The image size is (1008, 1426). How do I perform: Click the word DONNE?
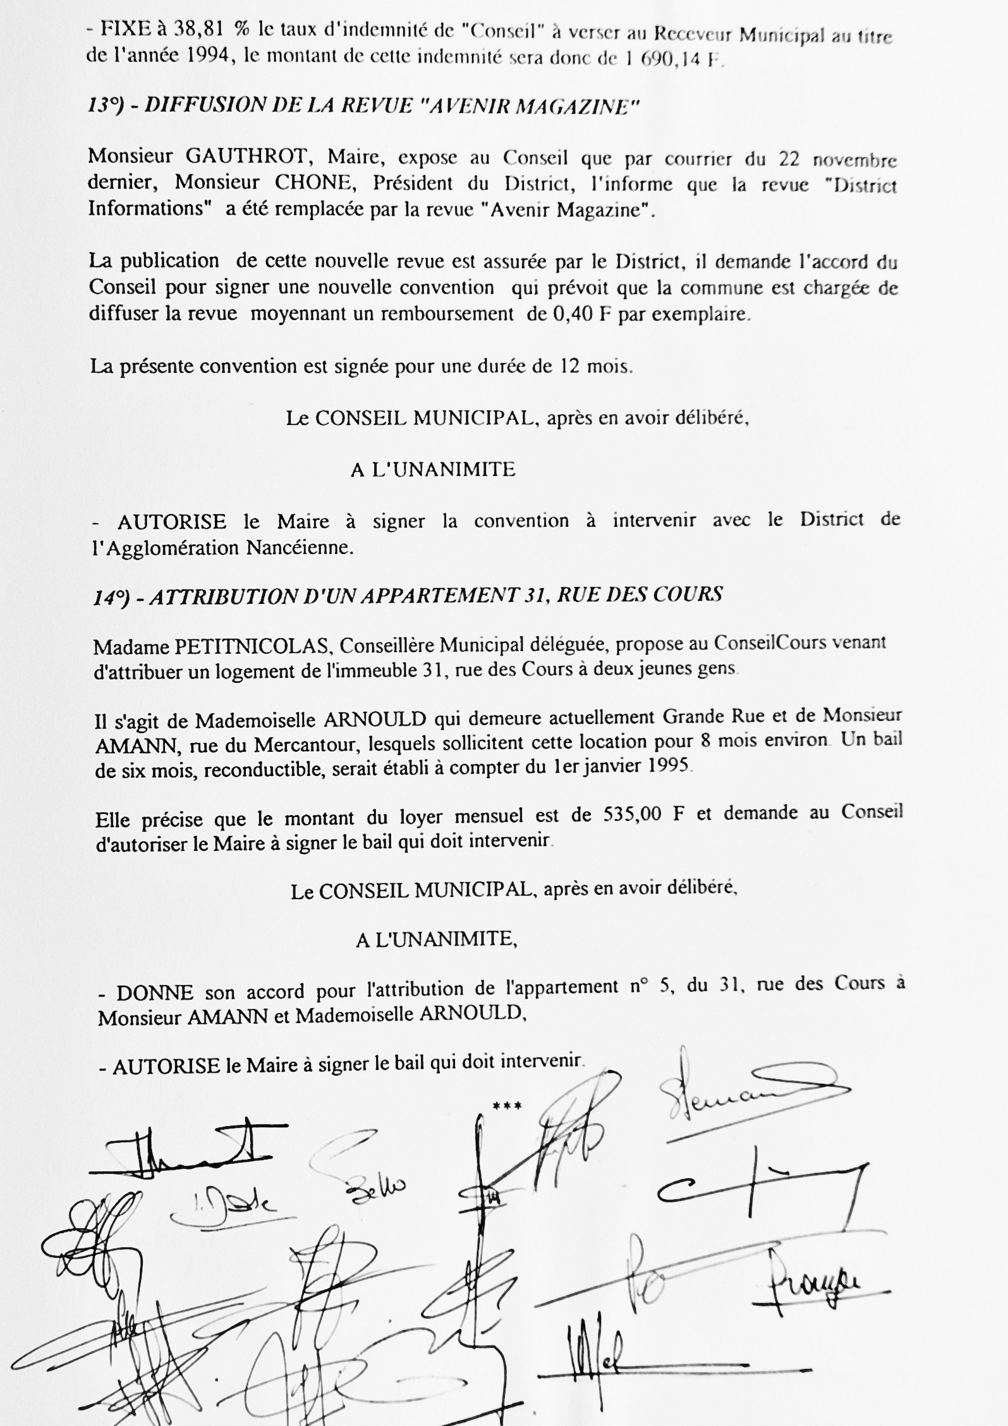point(154,992)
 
